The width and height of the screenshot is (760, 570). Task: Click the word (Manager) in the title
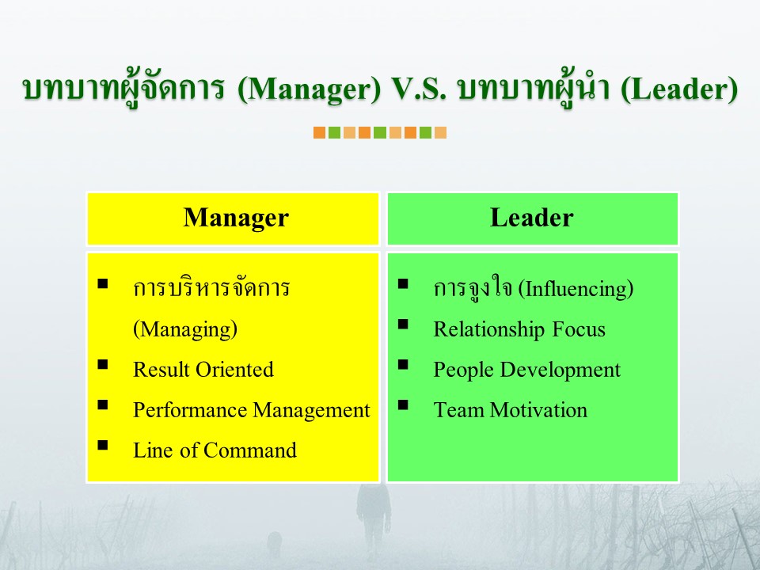pyautogui.click(x=310, y=89)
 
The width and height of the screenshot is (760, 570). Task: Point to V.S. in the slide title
pyautogui.click(x=419, y=89)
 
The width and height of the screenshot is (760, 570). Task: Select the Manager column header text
pyautogui.click(x=236, y=217)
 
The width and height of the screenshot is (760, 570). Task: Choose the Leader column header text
pyautogui.click(x=532, y=217)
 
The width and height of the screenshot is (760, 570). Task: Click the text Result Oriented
pyautogui.click(x=203, y=370)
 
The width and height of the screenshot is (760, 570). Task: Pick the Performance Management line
pyautogui.click(x=252, y=410)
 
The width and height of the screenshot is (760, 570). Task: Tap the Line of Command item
pyautogui.click(x=215, y=450)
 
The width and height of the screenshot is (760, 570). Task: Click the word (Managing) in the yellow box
pyautogui.click(x=185, y=329)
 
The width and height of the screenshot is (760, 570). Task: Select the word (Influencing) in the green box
pyautogui.click(x=576, y=289)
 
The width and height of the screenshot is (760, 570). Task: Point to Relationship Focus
pyautogui.click(x=519, y=329)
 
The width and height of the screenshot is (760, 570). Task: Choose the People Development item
pyautogui.click(x=527, y=370)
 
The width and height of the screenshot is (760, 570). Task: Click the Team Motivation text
pyautogui.click(x=510, y=410)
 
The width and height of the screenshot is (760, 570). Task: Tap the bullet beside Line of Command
pyautogui.click(x=103, y=445)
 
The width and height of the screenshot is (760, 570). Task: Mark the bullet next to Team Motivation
pyautogui.click(x=403, y=405)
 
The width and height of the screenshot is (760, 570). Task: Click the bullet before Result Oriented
pyautogui.click(x=103, y=364)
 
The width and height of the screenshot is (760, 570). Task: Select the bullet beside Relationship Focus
pyautogui.click(x=403, y=324)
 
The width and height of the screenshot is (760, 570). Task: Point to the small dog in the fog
pyautogui.click(x=275, y=543)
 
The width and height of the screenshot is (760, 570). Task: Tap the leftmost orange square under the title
pyautogui.click(x=319, y=133)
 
